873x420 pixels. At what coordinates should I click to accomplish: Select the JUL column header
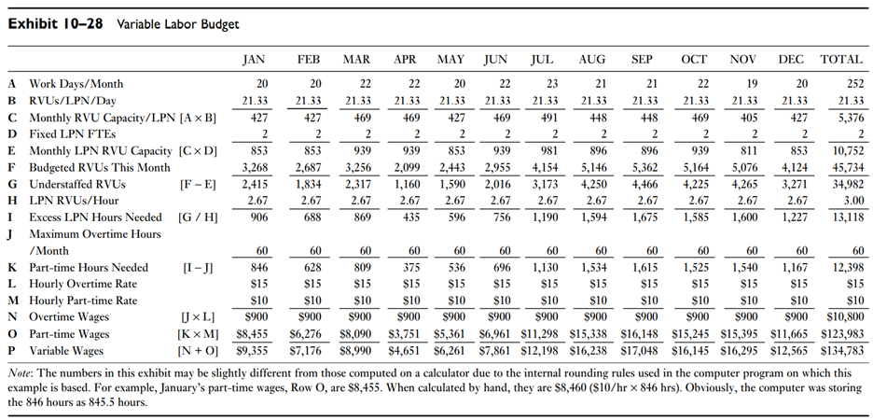click(x=542, y=59)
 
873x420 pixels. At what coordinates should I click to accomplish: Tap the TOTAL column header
click(x=840, y=59)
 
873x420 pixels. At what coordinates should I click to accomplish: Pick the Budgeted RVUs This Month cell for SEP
click(x=642, y=167)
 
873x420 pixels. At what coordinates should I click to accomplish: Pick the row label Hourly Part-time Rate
click(x=83, y=301)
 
